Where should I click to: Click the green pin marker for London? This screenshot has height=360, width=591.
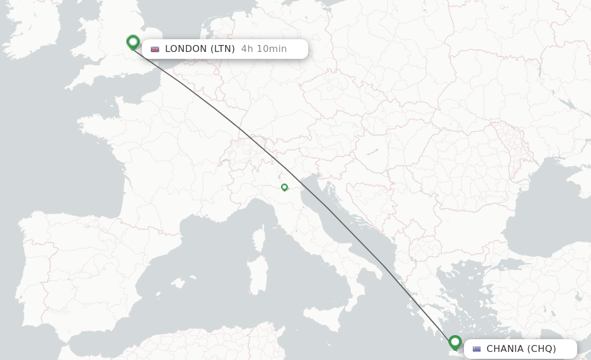(x=133, y=42)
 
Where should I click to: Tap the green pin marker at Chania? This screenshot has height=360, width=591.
(x=455, y=343)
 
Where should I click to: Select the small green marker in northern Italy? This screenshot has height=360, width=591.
(x=285, y=187)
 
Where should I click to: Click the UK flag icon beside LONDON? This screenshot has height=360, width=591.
(x=155, y=49)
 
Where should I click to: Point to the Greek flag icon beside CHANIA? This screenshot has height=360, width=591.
(x=477, y=349)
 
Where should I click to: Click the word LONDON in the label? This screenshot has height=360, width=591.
(x=186, y=49)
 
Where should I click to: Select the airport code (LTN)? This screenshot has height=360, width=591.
(x=222, y=49)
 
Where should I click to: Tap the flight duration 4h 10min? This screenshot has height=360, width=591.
(x=264, y=49)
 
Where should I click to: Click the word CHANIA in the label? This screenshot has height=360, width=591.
(x=505, y=349)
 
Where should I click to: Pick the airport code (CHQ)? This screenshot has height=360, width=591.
(x=542, y=349)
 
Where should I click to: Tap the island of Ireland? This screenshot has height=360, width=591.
(x=35, y=32)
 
